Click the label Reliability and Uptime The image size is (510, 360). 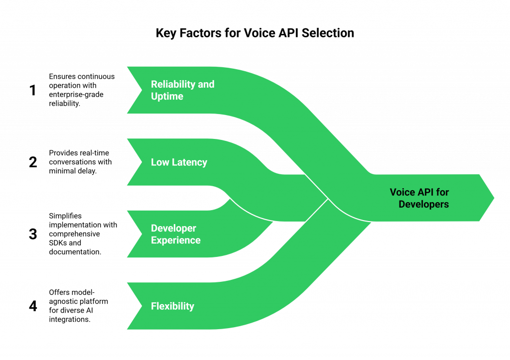(x=182, y=90)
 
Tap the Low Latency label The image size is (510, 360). (x=179, y=162)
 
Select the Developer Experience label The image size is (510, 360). (x=175, y=234)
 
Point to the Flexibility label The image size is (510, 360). (x=172, y=306)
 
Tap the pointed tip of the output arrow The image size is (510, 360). (x=494, y=198)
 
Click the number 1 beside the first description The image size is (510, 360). (x=33, y=91)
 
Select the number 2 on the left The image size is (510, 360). (x=33, y=162)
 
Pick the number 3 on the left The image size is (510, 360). (x=33, y=234)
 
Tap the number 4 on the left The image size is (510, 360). (x=33, y=306)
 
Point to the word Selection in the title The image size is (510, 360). (x=330, y=33)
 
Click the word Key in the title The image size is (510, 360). (x=166, y=33)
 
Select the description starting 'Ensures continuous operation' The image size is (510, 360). (x=81, y=90)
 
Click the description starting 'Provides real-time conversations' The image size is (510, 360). (x=81, y=162)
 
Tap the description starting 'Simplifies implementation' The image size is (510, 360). (x=82, y=234)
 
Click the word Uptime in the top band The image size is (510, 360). (x=167, y=96)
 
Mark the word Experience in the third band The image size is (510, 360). (x=175, y=240)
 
